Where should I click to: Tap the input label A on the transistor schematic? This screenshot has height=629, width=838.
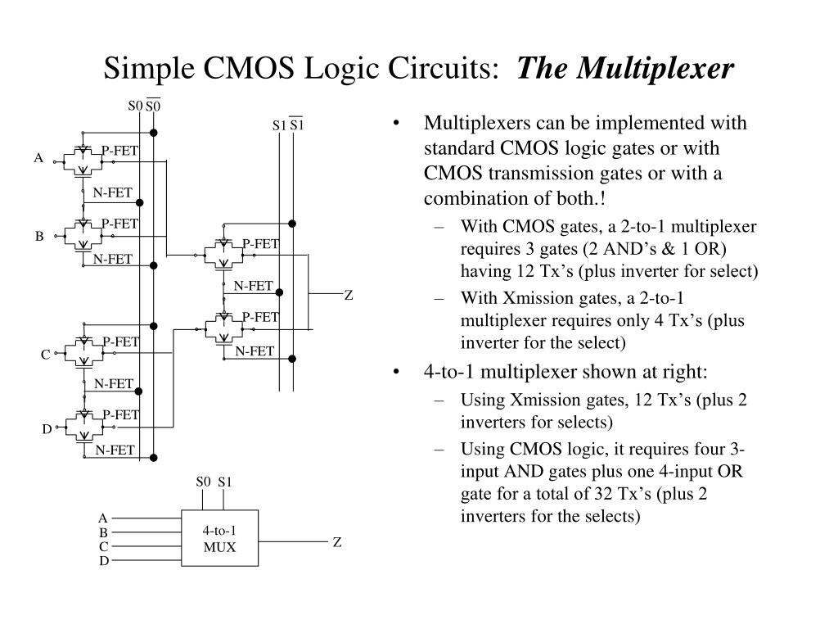point(38,158)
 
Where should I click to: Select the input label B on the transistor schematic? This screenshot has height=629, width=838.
point(38,236)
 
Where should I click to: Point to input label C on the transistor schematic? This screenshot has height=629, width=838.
point(46,355)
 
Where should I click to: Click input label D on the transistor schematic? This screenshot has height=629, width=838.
point(47,428)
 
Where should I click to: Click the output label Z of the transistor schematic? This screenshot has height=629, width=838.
point(348,295)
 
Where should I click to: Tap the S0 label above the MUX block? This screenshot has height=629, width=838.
point(203,482)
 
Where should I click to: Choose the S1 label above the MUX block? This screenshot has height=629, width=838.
point(225,482)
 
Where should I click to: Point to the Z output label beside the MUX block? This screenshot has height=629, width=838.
point(336,542)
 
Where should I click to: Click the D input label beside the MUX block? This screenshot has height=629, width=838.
point(104,561)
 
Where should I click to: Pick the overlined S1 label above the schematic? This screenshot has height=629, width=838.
point(297,125)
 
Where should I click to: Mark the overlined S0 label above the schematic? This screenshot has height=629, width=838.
point(153,106)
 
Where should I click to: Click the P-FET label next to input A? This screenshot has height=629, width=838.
point(119,150)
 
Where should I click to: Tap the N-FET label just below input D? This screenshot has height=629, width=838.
point(115,450)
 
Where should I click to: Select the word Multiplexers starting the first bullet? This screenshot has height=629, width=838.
point(477,124)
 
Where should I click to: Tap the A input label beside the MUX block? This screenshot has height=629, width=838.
point(103,518)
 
